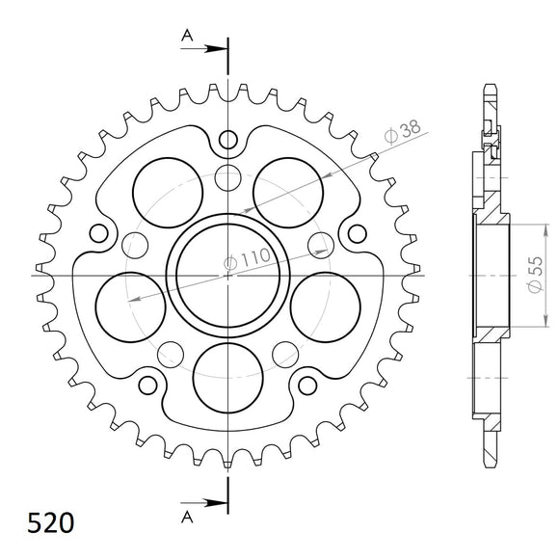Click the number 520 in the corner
coord(45,524)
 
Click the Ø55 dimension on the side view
coord(532,274)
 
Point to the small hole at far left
coord(97,233)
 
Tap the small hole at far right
coord(358,233)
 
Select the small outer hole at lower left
coord(148,386)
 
